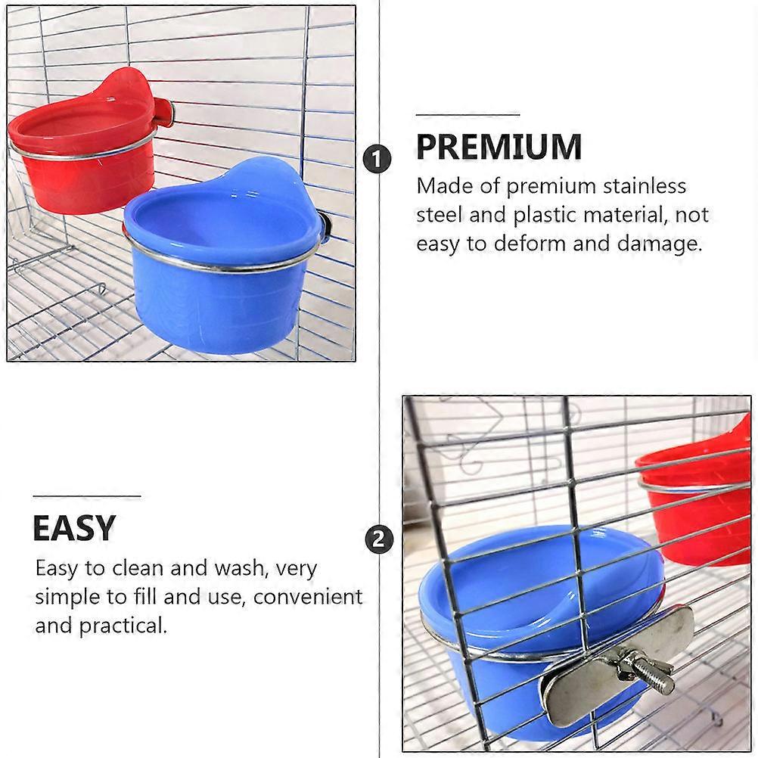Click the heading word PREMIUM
[x=499, y=147]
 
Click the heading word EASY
[x=74, y=527]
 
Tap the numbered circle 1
[x=377, y=160]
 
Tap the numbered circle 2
[x=378, y=539]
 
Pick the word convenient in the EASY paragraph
[x=307, y=597]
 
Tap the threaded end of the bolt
[x=660, y=678]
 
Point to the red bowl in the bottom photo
[x=696, y=503]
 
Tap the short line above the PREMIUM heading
[x=468, y=115]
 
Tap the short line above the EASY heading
[x=87, y=496]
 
